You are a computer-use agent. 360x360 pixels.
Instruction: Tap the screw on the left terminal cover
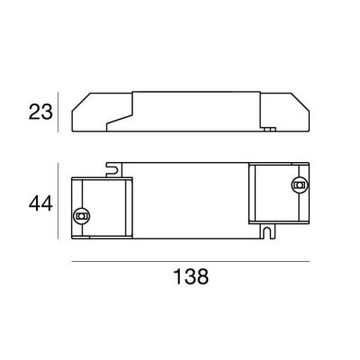tap(83, 216)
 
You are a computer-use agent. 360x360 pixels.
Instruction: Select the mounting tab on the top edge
tap(114, 167)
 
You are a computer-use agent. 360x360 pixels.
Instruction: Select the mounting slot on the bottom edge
tap(267, 231)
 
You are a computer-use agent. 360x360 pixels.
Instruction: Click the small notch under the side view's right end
tap(269, 130)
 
